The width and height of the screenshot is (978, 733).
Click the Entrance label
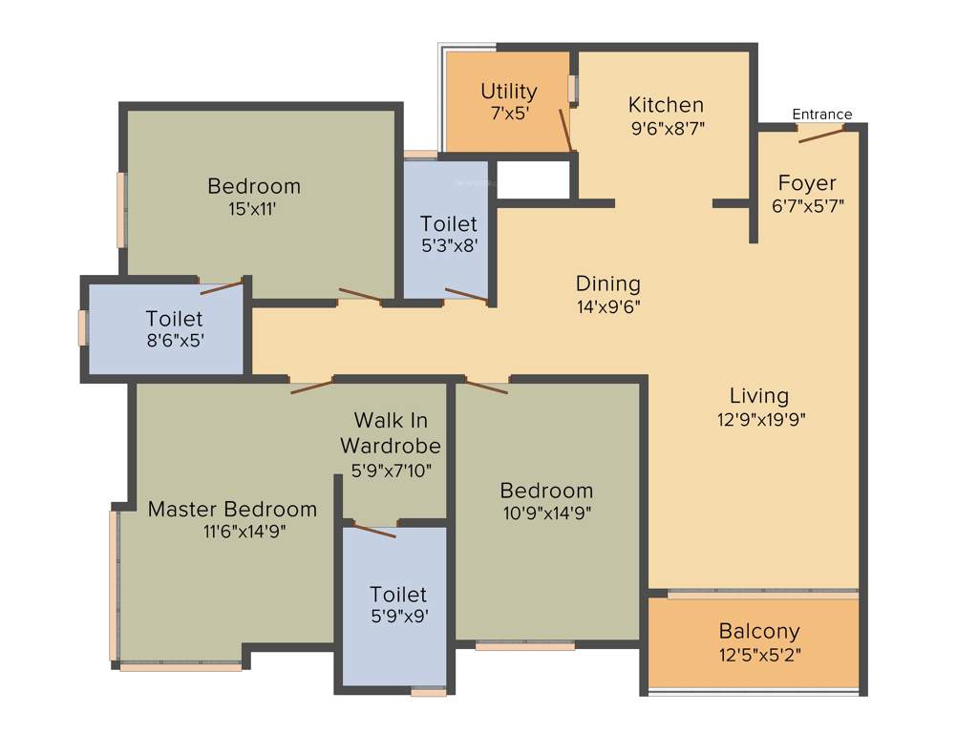click(821, 115)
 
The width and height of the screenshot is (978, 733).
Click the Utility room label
click(508, 92)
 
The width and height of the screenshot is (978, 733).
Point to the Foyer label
click(806, 183)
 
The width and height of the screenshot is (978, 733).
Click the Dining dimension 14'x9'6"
click(607, 306)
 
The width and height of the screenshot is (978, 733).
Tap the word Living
click(759, 395)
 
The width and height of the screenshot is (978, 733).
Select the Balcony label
click(759, 632)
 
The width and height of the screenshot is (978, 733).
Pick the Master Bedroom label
click(232, 510)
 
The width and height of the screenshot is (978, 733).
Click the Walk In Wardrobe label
click(391, 432)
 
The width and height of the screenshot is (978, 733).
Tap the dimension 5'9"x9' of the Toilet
click(398, 617)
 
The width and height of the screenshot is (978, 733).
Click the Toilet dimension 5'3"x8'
click(448, 244)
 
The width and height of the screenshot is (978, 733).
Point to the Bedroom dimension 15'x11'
click(253, 208)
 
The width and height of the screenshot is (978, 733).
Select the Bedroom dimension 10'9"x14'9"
click(546, 513)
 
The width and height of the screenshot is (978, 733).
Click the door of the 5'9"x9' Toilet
click(373, 529)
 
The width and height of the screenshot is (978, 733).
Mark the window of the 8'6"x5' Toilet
click(83, 327)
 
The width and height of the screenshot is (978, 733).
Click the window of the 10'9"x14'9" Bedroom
click(524, 646)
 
